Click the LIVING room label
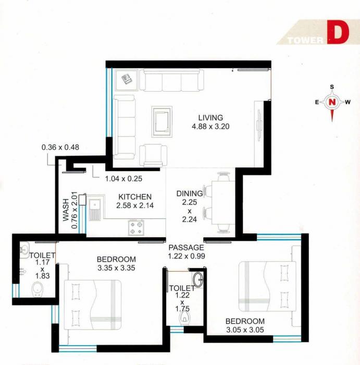tap(210, 117)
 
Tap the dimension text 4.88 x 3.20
tap(210, 126)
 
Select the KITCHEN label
tap(135, 197)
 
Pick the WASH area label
tap(67, 210)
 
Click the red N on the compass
tap(332, 102)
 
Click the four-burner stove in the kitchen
tap(137, 227)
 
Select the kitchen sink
tap(94, 209)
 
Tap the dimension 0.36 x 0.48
tap(60, 147)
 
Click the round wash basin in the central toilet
tap(198, 279)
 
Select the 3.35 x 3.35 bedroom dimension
tap(116, 269)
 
